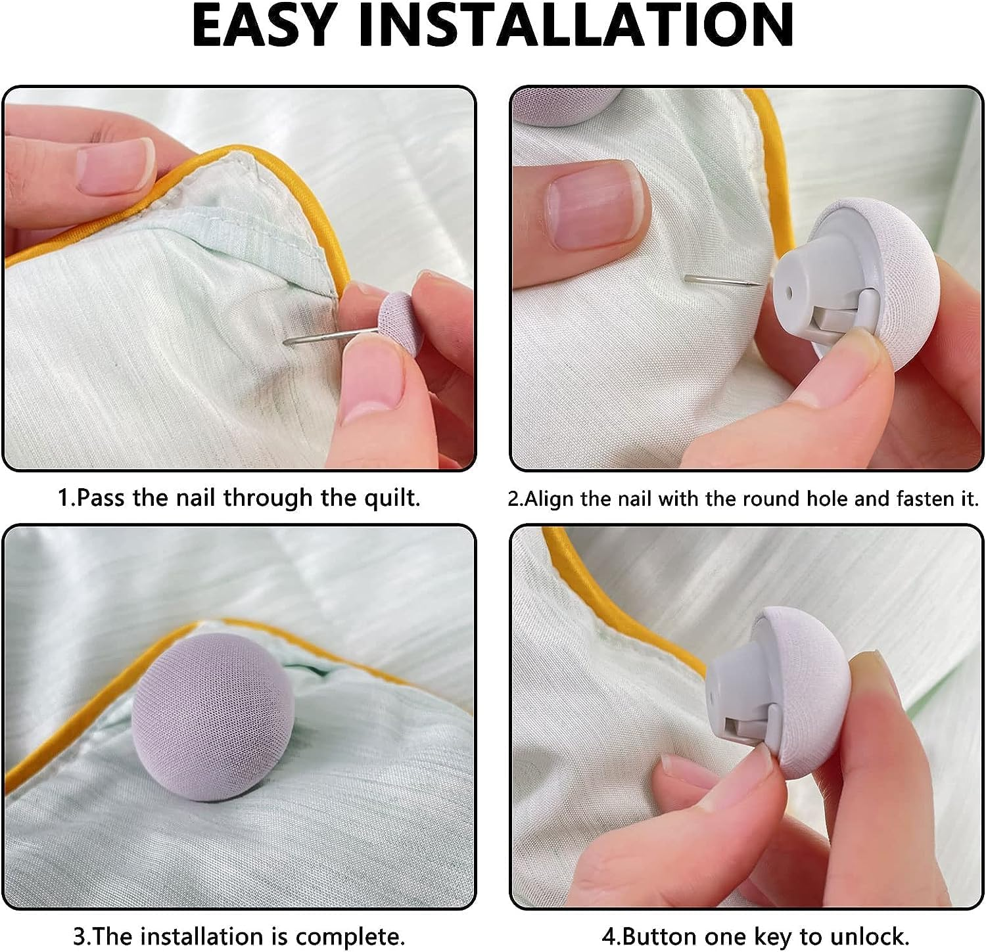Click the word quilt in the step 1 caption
[x=390, y=498]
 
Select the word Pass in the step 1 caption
[x=101, y=498]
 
